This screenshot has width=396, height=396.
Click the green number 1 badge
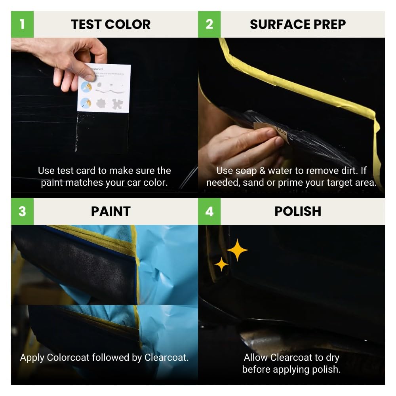click(22, 24)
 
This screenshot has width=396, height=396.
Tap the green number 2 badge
click(209, 24)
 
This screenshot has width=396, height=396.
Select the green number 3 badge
click(22, 211)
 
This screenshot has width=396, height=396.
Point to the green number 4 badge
click(209, 211)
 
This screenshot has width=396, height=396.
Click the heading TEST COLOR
click(111, 25)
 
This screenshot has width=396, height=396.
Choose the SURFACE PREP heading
click(298, 25)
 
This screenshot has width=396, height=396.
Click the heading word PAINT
click(111, 211)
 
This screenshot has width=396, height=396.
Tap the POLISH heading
click(298, 211)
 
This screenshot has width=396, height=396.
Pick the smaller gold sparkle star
click(221, 264)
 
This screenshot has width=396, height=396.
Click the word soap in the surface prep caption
click(243, 171)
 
